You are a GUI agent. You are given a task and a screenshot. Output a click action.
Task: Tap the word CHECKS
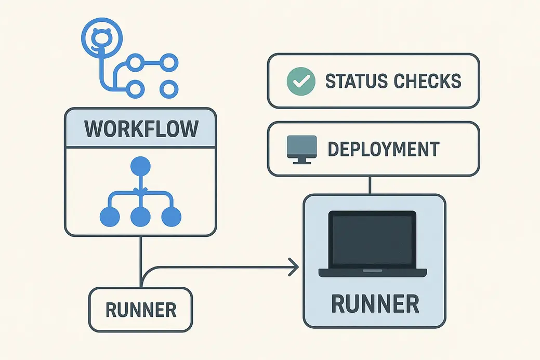pyautogui.click(x=427, y=81)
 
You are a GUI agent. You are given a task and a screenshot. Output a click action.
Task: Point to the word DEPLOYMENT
pyautogui.click(x=384, y=149)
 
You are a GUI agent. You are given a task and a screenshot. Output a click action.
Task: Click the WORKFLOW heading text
pyautogui.click(x=140, y=128)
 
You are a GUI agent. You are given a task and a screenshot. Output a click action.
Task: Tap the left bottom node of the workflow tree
pyautogui.click(x=109, y=217)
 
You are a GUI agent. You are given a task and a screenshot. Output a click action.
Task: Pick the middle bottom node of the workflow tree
pyautogui.click(x=140, y=217)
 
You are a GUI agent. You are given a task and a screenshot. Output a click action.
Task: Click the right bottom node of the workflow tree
pyautogui.click(x=171, y=217)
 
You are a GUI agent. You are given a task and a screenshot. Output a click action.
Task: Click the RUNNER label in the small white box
pyautogui.click(x=141, y=310)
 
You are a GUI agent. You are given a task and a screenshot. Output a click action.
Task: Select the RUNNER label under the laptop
pyautogui.click(x=374, y=303)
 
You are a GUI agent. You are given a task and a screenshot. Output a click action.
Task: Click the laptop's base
pyautogui.click(x=373, y=272)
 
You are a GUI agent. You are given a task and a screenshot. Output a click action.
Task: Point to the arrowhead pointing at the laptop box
pyautogui.click(x=295, y=268)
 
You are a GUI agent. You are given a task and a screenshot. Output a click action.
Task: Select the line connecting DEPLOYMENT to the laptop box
pyautogui.click(x=370, y=185)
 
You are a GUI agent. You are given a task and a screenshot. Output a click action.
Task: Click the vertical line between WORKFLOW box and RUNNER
pyautogui.click(x=140, y=260)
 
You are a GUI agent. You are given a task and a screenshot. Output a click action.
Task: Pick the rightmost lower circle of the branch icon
pyautogui.click(x=167, y=88)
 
